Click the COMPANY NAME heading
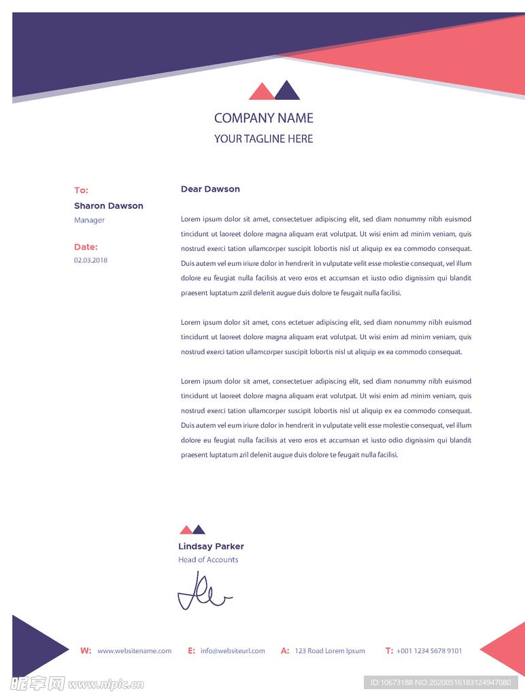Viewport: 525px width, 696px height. pos(263,118)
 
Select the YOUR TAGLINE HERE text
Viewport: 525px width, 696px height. pos(263,139)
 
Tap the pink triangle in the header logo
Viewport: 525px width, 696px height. pos(261,92)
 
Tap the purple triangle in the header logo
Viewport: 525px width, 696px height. pos(287,92)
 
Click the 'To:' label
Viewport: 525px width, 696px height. pos(81,190)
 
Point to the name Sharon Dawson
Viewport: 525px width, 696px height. pos(108,206)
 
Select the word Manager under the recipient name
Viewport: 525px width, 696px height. pos(89,220)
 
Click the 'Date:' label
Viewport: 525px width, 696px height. pos(86,247)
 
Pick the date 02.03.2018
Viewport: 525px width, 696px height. pos(90,260)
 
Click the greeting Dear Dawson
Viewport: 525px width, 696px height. pos(210,189)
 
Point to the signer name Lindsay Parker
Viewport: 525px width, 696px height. pos(211,546)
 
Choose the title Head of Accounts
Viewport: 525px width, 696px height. pos(208,560)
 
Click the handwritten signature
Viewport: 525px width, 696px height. pos(203,592)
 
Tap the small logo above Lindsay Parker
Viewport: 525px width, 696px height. pos(192,530)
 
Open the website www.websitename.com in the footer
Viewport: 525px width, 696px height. pos(134,651)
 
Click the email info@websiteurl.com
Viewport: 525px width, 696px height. pos(233,651)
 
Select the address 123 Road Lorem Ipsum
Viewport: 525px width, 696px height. pos(329,651)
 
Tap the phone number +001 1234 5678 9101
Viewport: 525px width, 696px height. pos(429,651)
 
